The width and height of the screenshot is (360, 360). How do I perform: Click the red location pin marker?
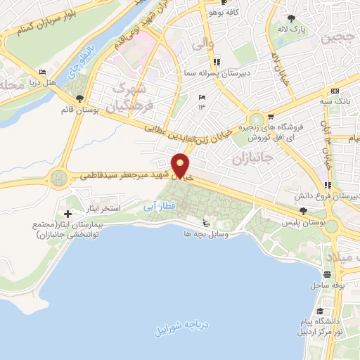[181, 165]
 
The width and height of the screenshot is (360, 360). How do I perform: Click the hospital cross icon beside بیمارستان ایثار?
[67, 214]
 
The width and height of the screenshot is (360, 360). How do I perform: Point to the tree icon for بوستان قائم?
[78, 99]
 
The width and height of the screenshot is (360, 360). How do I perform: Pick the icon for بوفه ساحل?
[328, 274]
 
